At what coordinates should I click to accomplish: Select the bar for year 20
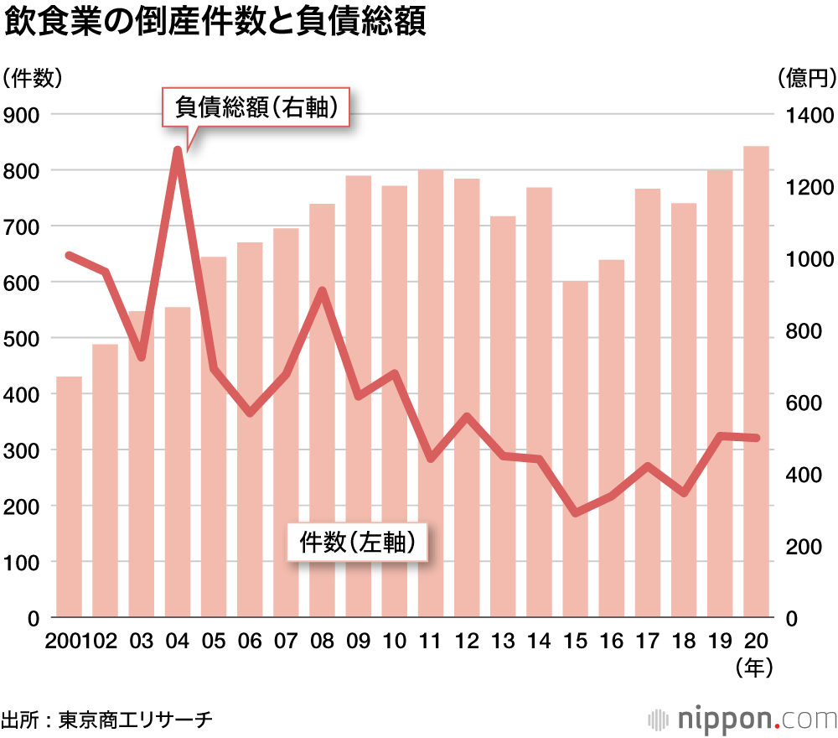[x=757, y=382]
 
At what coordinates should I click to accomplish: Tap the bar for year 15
[x=576, y=450]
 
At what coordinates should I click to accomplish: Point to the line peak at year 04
[x=178, y=151]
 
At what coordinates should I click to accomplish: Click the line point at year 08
[x=323, y=291]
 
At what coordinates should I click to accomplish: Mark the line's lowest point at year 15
[x=576, y=512]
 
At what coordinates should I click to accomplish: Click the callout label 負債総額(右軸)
[x=256, y=107]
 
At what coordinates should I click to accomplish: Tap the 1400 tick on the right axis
[x=808, y=115]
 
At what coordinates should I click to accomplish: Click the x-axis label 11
[x=431, y=642]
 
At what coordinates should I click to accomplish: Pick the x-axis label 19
[x=720, y=642]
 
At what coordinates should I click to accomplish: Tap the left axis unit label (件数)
[x=32, y=78]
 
